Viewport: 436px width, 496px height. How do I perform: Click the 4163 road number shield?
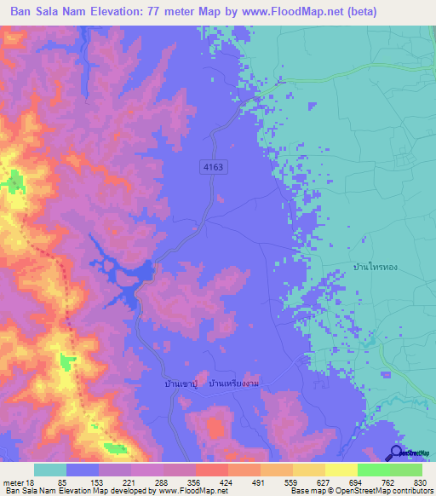coord(213,168)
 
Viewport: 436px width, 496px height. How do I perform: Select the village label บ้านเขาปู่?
coord(183,384)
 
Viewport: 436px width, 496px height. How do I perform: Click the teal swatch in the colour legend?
coord(50,470)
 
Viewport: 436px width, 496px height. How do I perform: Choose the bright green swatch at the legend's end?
coord(406,470)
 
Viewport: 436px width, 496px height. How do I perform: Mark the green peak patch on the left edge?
coord(14,181)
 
